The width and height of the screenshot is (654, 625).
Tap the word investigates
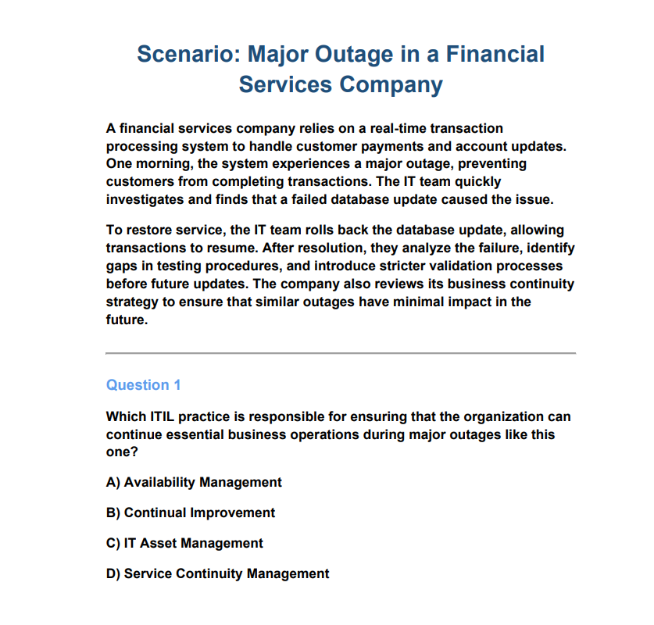[x=145, y=200]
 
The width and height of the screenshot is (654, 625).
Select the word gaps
[x=120, y=266]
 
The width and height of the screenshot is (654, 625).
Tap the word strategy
[x=132, y=302]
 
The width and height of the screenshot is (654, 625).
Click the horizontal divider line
[x=341, y=354]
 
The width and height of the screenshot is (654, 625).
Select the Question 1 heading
[x=143, y=385]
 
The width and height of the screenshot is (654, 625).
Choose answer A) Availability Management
[x=194, y=482]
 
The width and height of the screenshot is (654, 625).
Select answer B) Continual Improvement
[x=191, y=512]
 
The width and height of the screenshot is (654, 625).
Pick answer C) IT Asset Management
[x=184, y=543]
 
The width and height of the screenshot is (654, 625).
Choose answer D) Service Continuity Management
[x=217, y=573]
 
